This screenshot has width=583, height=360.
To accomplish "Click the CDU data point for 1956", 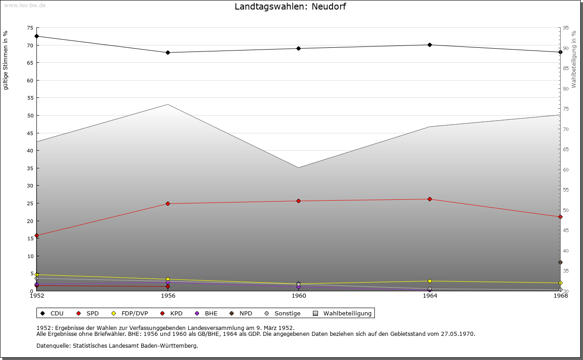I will (168, 52).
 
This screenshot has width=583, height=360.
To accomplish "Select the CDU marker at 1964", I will (430, 45).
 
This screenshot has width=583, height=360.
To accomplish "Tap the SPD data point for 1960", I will (299, 201).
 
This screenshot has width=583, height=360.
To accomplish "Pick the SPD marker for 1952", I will (36, 236).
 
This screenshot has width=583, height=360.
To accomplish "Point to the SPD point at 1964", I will (430, 199).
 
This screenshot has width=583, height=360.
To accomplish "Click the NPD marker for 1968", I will (560, 262).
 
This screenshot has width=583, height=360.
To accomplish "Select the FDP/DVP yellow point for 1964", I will (430, 281).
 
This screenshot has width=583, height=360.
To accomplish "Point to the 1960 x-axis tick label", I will (299, 296).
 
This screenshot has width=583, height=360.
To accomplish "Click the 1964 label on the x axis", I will (430, 296).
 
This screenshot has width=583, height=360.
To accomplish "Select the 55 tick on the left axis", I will (30, 98).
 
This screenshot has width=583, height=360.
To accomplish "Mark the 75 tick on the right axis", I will (566, 109).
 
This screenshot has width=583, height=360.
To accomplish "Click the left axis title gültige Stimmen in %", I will (6, 60).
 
